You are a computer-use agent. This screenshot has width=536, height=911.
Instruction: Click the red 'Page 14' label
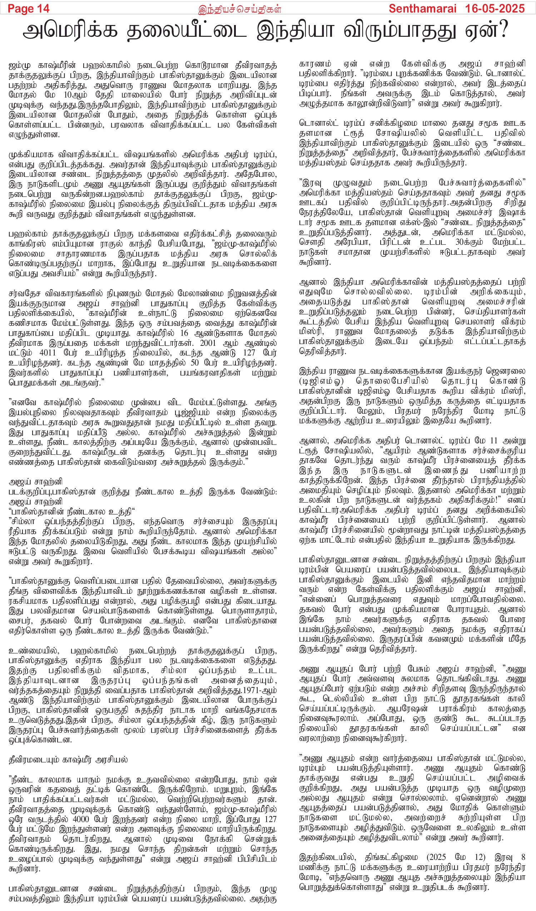pyautogui.click(x=29, y=8)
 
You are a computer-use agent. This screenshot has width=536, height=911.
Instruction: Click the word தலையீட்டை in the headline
pyautogui.click(x=186, y=30)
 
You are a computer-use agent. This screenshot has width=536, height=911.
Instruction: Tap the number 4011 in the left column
pyautogui.click(x=48, y=353)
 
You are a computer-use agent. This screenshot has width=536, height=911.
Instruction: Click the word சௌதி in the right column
pyautogui.click(x=311, y=242)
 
